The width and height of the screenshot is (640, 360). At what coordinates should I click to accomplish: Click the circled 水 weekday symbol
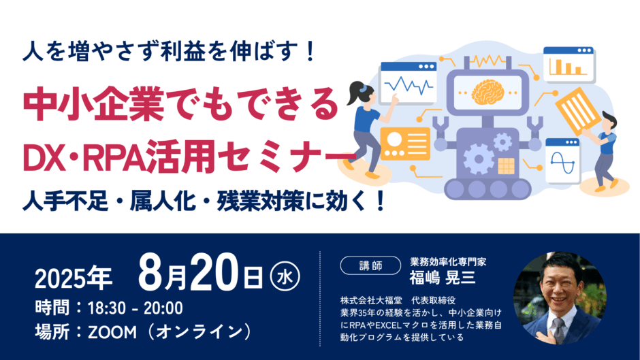285,277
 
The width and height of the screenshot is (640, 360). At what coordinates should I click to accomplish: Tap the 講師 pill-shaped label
370,265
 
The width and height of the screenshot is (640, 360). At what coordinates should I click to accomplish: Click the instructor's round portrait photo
560,297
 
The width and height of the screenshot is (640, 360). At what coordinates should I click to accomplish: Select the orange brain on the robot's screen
487,91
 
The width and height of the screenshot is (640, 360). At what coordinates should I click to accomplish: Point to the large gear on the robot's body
479,159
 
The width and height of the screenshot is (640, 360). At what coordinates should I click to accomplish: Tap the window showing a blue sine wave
563,161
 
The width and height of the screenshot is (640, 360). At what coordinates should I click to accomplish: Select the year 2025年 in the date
74,279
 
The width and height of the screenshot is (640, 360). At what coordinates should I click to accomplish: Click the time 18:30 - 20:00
135,308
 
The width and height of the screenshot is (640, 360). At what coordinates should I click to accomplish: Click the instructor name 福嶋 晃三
443,278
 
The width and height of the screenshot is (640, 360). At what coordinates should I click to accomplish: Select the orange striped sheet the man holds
579,111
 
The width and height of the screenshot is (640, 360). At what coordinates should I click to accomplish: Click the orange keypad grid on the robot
506,166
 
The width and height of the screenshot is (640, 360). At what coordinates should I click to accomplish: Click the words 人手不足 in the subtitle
66,201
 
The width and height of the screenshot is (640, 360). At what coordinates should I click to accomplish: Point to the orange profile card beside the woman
405,144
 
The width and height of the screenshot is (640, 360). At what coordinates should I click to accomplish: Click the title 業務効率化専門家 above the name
448,261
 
